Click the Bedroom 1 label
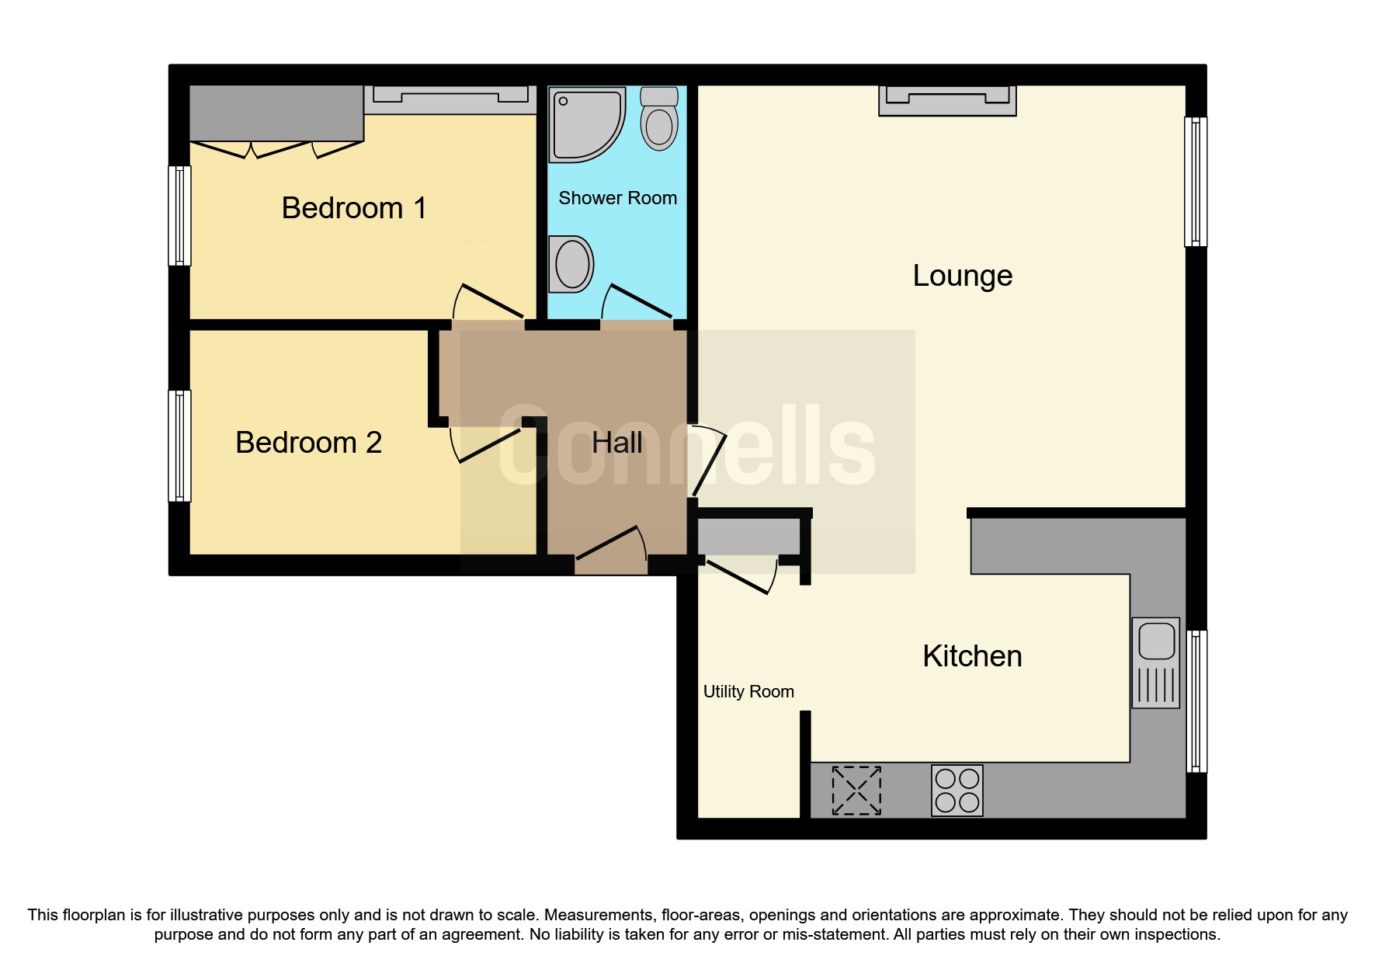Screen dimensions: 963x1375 pos(353,208)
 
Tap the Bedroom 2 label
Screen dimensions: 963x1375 pos(308,443)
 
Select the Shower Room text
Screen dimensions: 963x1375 pos(617,198)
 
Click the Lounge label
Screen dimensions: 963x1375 pos(962,276)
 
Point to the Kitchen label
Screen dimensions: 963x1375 pos(972,656)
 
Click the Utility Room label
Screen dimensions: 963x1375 pos(748,691)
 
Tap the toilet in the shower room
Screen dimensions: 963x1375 pos(659,120)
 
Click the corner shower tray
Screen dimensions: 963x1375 pos(584,123)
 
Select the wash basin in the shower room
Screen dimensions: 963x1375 pos(571,263)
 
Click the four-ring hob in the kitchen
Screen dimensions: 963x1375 pos(957,791)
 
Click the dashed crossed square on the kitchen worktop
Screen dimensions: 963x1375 pos(856,791)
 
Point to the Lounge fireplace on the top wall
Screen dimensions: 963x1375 pos(947,100)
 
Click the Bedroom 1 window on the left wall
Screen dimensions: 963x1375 pos(180,216)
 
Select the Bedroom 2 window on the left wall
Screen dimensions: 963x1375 pos(180,445)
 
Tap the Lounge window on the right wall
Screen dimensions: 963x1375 pos(1196,182)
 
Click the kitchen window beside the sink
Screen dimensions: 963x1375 pos(1196,701)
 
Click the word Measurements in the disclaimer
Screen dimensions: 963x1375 pos(598,915)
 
